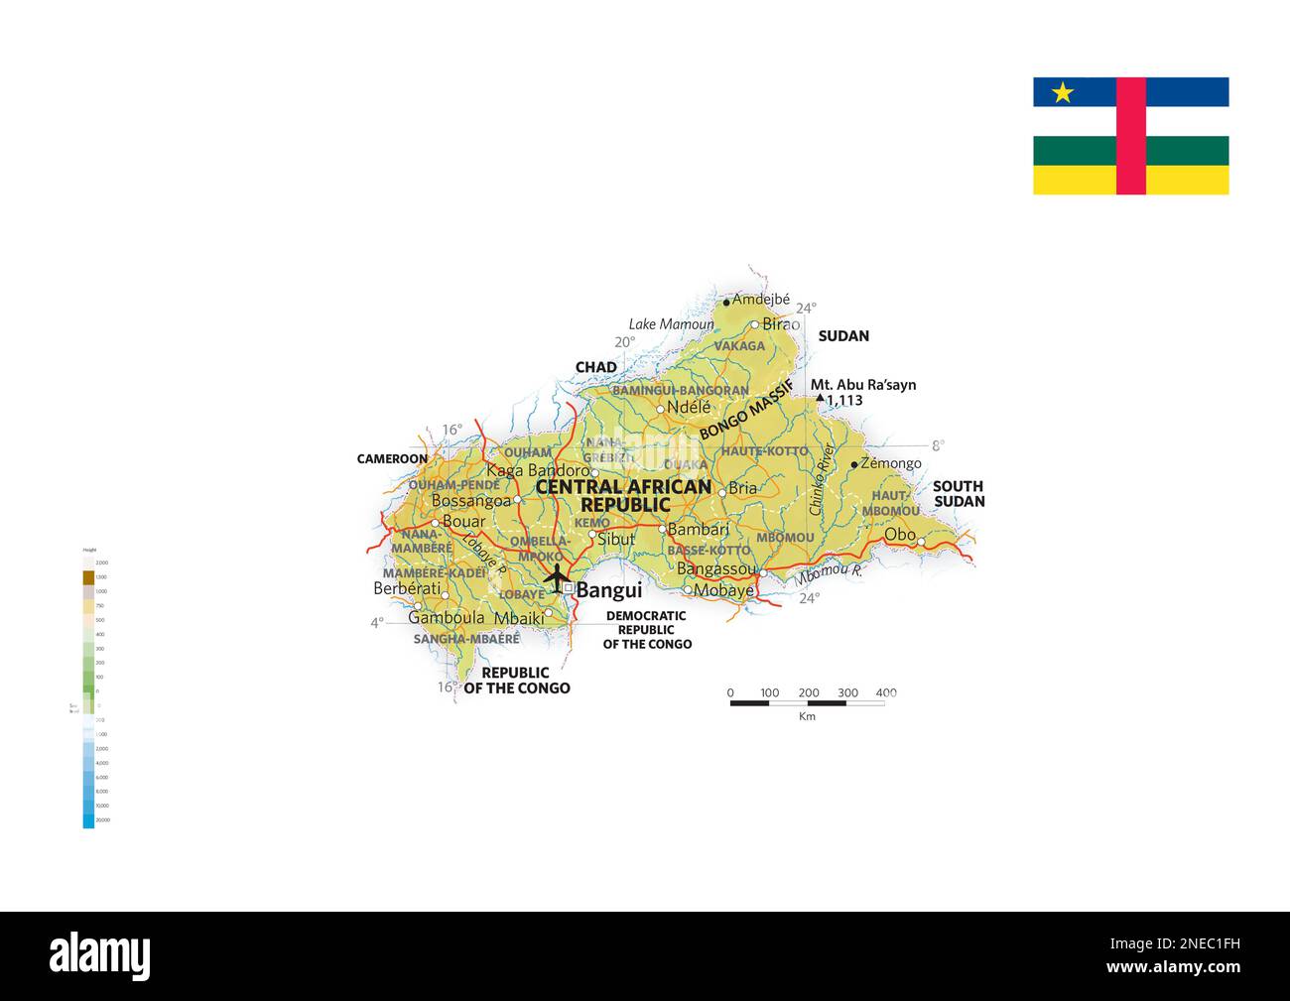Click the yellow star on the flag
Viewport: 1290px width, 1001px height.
pyautogui.click(x=1063, y=92)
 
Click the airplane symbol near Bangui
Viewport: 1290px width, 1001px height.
pyautogui.click(x=556, y=576)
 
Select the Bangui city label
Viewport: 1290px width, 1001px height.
pyautogui.click(x=609, y=590)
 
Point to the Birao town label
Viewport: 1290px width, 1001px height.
pyautogui.click(x=781, y=324)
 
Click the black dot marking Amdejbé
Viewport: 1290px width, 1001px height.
pyautogui.click(x=726, y=302)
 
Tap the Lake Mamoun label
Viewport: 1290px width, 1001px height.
pyautogui.click(x=671, y=324)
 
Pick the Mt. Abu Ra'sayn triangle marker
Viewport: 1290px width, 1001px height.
pyautogui.click(x=820, y=399)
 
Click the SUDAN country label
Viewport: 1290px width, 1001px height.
pyautogui.click(x=843, y=336)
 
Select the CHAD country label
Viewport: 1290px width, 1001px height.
pyautogui.click(x=596, y=367)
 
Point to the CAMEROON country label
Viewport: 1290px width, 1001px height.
pyautogui.click(x=393, y=459)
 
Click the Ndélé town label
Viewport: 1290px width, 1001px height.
pyautogui.click(x=689, y=408)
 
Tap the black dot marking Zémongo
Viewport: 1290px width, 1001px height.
pyautogui.click(x=853, y=464)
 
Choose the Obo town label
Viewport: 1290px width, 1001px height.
pyautogui.click(x=900, y=535)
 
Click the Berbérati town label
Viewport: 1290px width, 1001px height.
pyautogui.click(x=407, y=588)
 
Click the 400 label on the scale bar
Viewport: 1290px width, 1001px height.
pyautogui.click(x=886, y=692)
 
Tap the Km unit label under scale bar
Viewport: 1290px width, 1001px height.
pyautogui.click(x=807, y=716)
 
